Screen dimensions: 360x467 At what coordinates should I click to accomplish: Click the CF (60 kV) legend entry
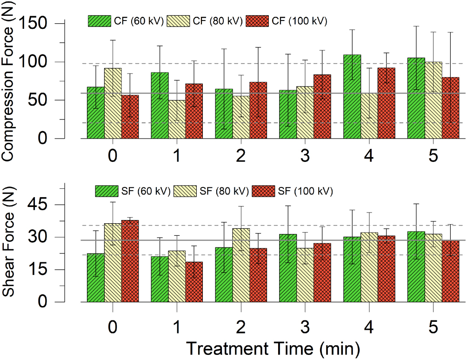coord(126,20)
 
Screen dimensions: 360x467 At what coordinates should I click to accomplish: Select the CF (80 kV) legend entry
coord(205,20)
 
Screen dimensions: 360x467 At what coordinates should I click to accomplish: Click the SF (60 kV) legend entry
coord(133,191)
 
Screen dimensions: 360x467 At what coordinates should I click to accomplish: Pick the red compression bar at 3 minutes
coord(321,107)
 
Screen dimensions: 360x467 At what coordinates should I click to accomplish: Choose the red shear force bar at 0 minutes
coord(130,261)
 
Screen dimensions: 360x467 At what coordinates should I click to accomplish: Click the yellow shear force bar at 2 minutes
coord(241,265)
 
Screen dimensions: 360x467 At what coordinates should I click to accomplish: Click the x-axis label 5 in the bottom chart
coord(433,327)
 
